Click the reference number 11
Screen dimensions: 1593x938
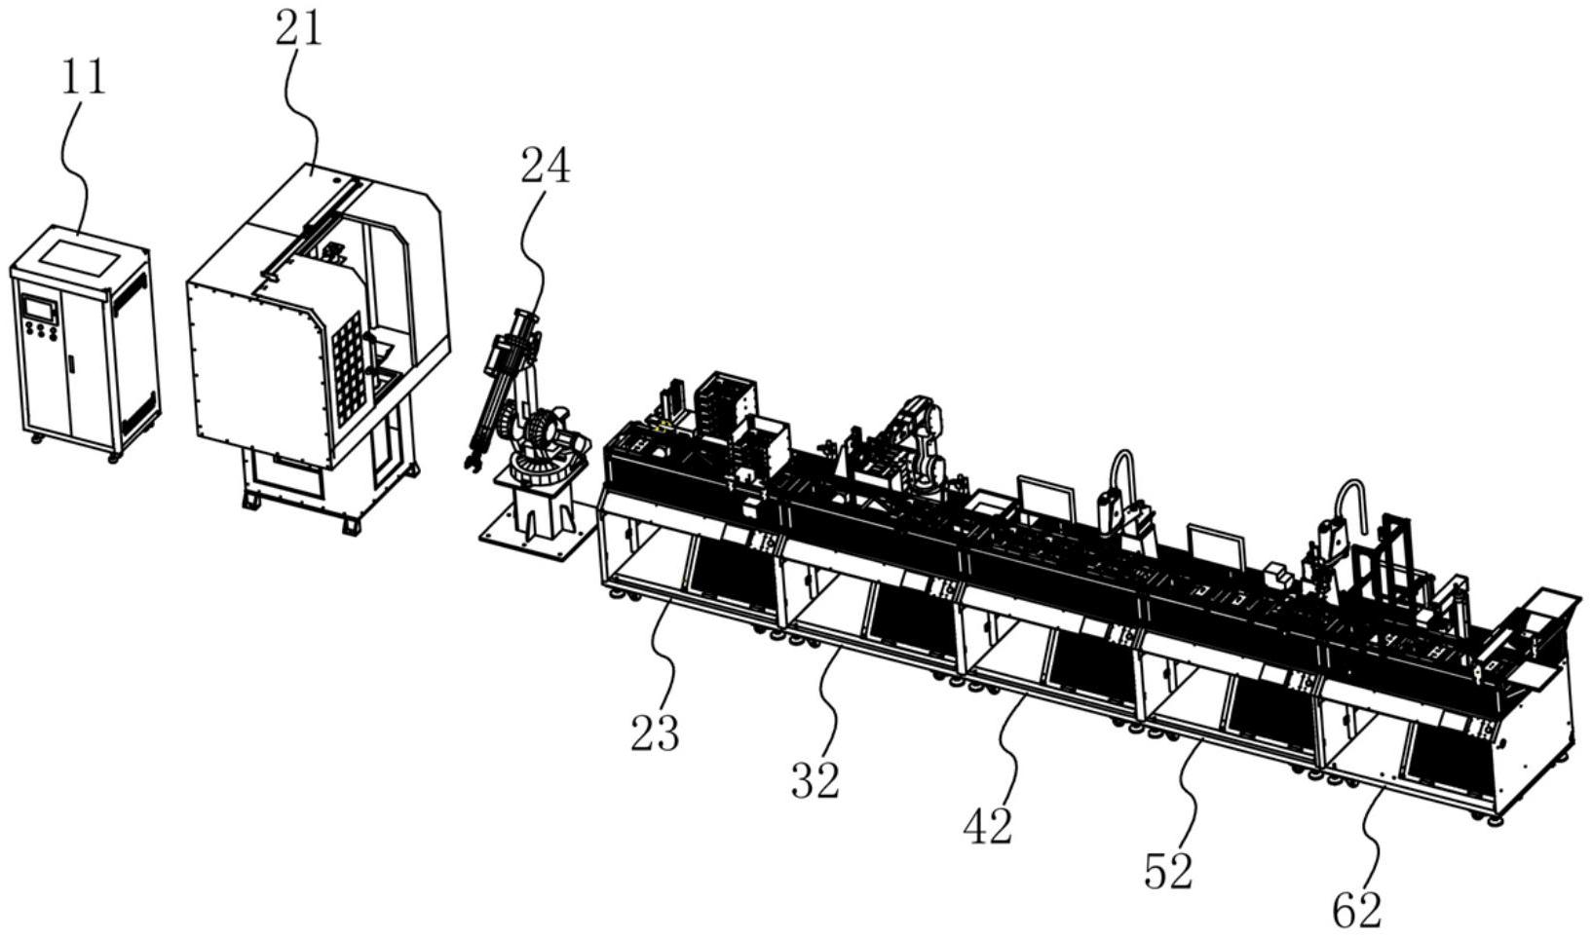[x=84, y=77]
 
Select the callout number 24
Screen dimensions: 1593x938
[x=546, y=166]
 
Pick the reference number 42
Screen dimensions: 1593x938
[x=988, y=826]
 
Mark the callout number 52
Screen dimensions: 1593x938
[x=1168, y=871]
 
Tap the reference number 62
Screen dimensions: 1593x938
[x=1357, y=910]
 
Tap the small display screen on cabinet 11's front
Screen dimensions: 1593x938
[x=39, y=308]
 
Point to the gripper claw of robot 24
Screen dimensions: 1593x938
[x=473, y=463]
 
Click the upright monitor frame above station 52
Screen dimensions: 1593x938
[x=1216, y=545]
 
